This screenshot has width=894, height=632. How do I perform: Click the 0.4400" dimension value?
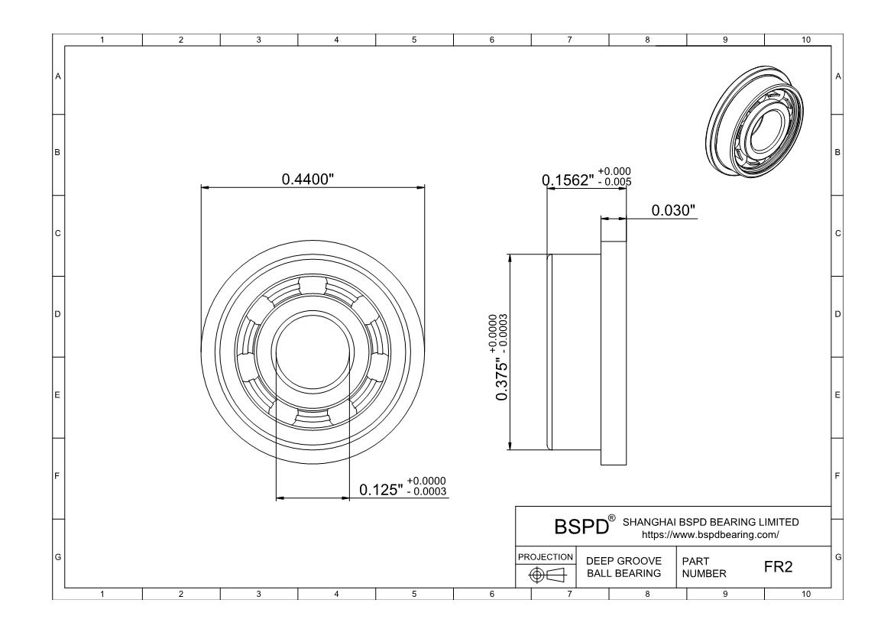pos(307,179)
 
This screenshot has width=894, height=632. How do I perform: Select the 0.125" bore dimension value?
pos(381,490)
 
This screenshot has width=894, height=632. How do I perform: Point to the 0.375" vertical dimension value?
pos(501,379)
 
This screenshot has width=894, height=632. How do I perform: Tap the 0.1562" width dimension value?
pos(568,180)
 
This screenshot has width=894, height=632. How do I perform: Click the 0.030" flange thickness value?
pos(673,210)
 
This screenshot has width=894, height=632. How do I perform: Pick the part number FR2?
pos(779,567)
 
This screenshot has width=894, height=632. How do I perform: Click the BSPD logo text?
pos(581,527)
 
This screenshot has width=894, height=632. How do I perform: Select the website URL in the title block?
pos(710,535)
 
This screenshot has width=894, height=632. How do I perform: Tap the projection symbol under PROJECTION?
pos(547,575)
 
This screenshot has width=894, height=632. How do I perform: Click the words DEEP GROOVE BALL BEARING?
pos(624,567)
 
